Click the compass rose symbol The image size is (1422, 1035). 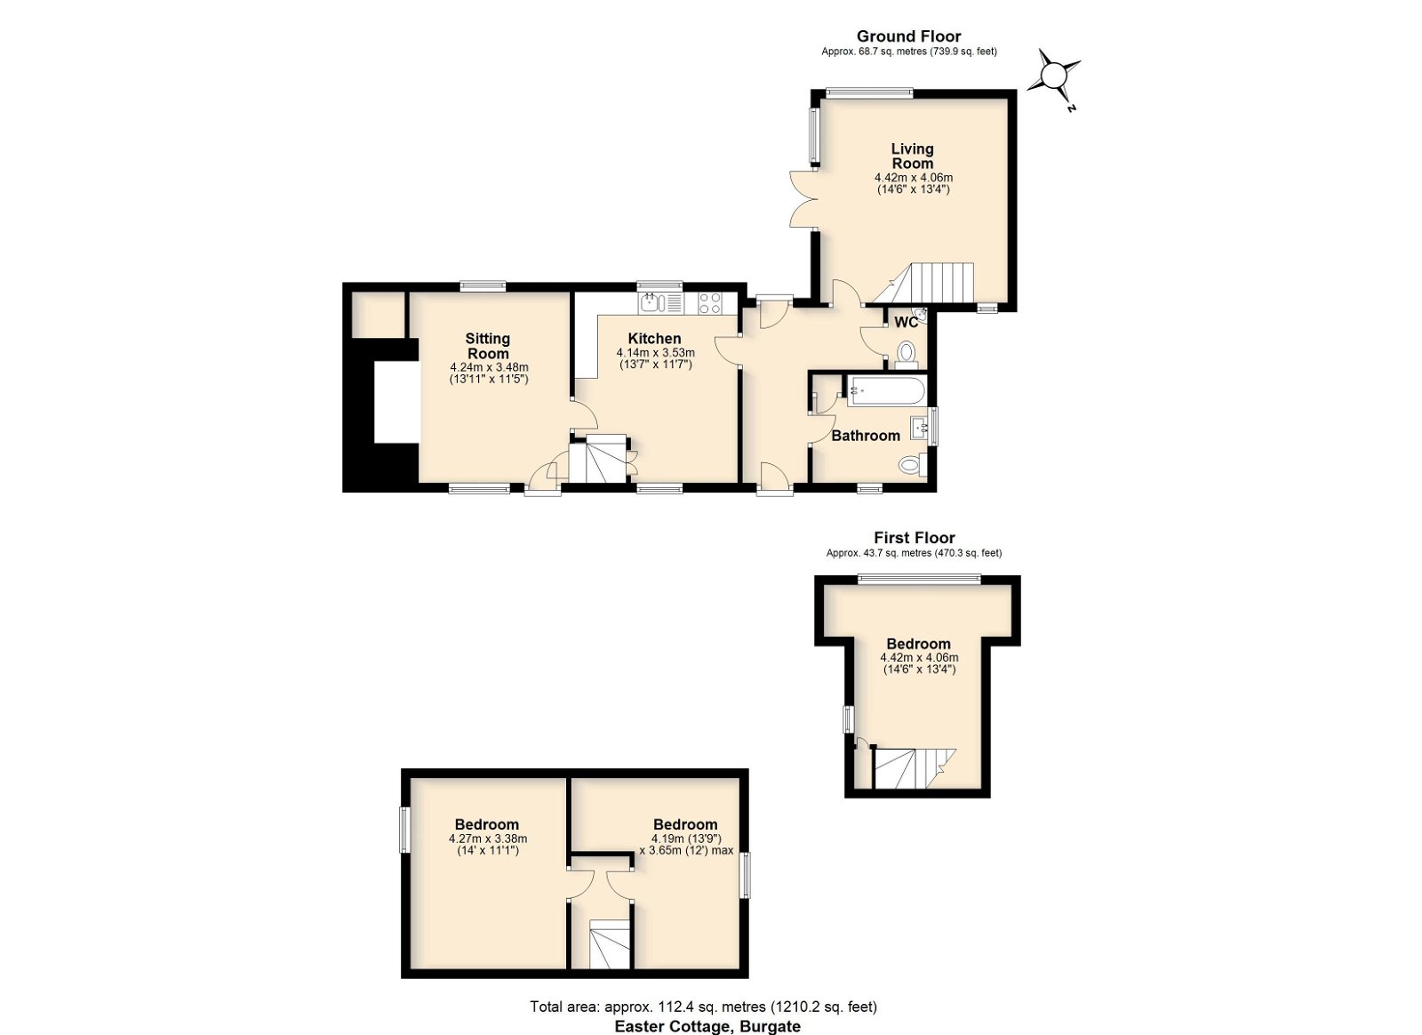coord(1054,77)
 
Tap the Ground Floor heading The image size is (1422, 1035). coord(908,36)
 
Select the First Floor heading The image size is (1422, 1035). coord(915,538)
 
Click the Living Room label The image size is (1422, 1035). coord(912,156)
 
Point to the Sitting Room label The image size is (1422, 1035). coord(488,346)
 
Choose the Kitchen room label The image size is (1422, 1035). coord(654,339)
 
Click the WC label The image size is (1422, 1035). coord(906,322)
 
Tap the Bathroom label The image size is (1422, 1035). coord(866,436)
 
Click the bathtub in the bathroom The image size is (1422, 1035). coord(885,390)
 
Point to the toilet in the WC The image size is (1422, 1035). coord(906,355)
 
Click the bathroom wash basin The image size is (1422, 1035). coord(919,429)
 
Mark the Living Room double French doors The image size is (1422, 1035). coord(803,198)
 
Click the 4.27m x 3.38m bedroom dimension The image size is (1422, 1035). coord(488,838)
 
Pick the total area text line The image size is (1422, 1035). coord(703,1006)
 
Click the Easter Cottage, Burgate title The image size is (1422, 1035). coord(707,1026)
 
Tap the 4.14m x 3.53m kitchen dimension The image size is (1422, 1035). coord(655,352)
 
